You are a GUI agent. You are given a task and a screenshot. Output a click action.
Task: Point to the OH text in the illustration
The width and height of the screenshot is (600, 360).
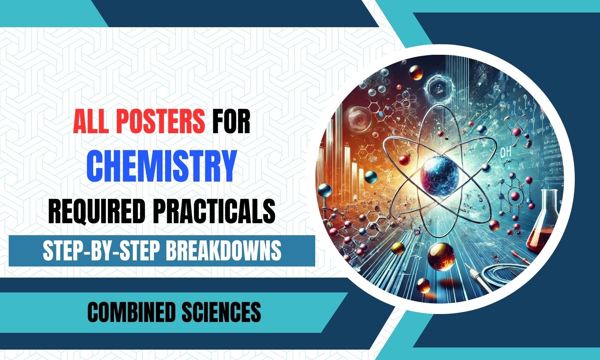pyautogui.click(x=505, y=152)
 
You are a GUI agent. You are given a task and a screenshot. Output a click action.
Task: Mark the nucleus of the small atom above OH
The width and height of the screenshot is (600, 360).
pyautogui.click(x=517, y=132)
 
